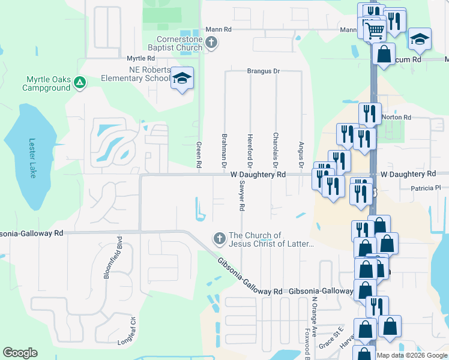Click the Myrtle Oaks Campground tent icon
80,83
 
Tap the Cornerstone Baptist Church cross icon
210,42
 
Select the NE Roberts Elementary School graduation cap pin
182,79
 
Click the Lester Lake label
32,158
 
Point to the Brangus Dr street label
264,71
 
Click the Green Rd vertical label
199,154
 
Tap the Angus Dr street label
301,154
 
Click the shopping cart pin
375,29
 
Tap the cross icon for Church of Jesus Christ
219,239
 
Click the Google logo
20,353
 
